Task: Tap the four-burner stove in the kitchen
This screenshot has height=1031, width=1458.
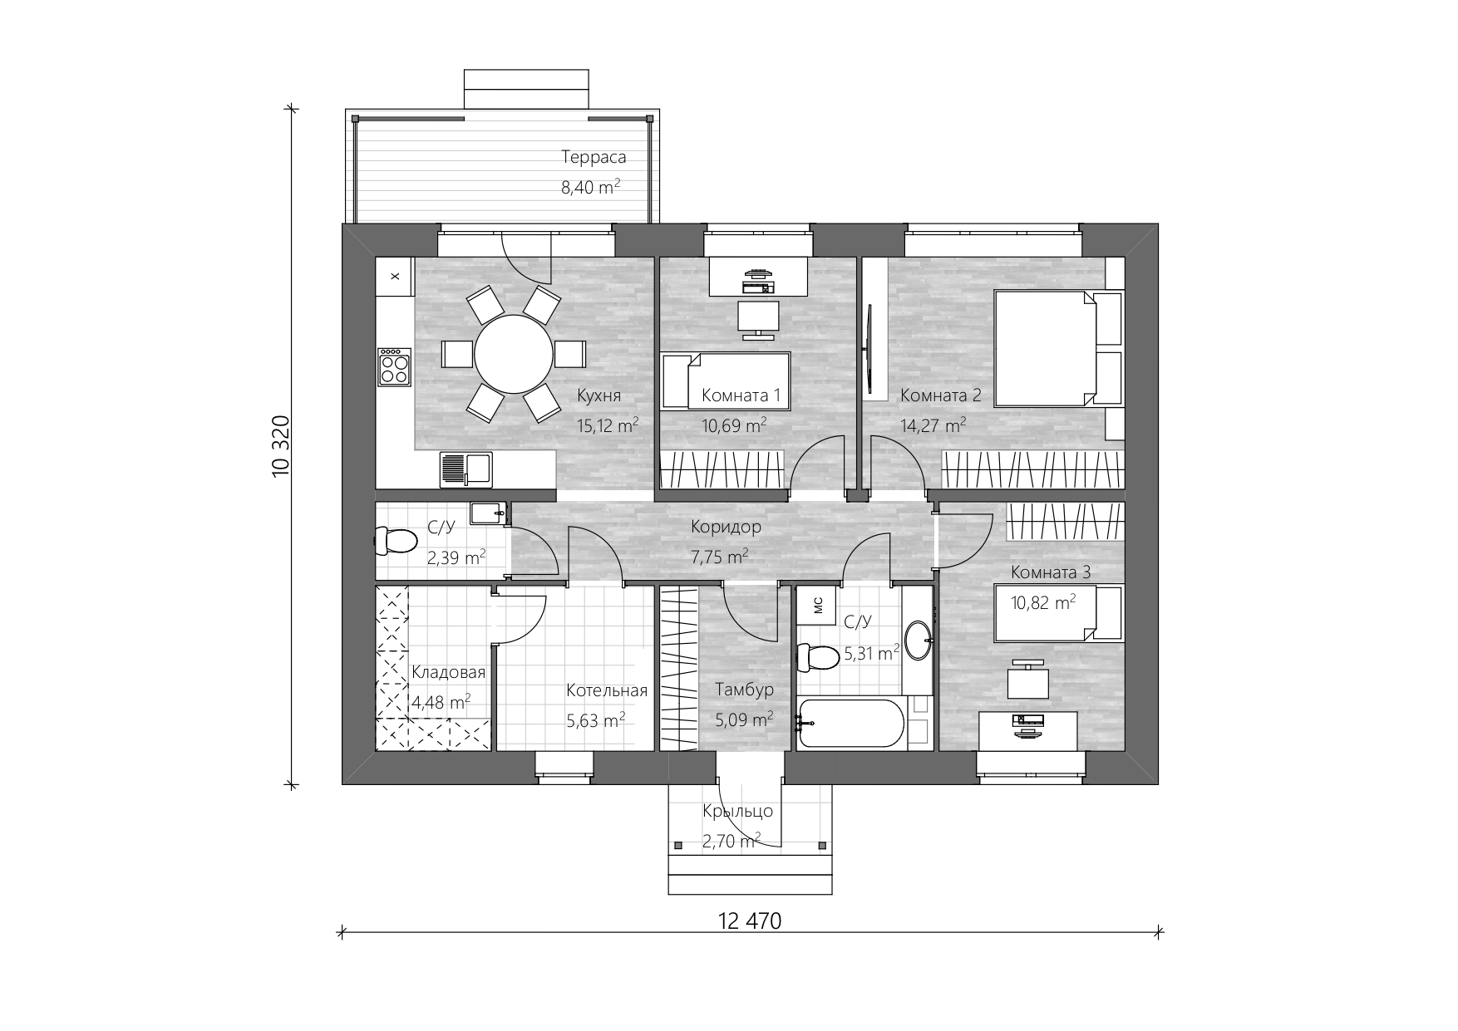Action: pos(395,367)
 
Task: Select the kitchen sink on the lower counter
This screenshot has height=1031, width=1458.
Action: pos(465,469)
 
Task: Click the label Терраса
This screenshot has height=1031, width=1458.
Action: pos(594,157)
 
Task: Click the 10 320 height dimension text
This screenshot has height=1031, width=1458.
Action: pos(280,446)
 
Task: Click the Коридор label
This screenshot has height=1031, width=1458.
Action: pos(726,527)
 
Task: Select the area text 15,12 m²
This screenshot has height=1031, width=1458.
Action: pos(608,425)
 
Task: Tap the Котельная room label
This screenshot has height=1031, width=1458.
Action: pos(607,690)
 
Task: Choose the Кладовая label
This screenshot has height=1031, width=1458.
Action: pos(449,672)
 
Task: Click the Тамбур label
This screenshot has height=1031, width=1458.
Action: pos(744,690)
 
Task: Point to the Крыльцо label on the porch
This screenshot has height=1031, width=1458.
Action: pos(737,811)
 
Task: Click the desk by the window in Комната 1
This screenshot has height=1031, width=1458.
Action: pos(758,276)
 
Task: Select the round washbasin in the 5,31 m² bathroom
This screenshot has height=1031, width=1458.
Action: pos(919,641)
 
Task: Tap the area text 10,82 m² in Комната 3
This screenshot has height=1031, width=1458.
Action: pos(1043,602)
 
